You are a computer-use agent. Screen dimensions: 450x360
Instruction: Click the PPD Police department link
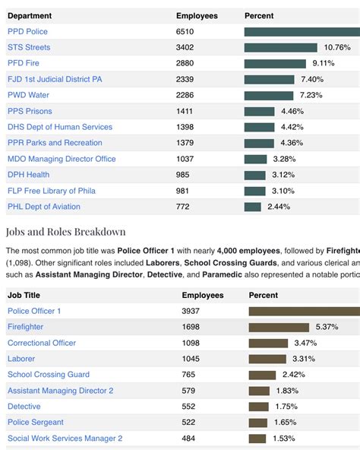click(x=27, y=31)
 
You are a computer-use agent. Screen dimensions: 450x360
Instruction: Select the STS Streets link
click(x=29, y=47)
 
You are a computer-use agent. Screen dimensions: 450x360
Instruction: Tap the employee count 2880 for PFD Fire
click(x=186, y=63)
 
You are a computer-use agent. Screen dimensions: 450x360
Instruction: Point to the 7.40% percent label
click(x=312, y=79)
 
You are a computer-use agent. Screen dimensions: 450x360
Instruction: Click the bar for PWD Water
click(x=269, y=95)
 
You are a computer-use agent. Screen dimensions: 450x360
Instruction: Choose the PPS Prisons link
click(x=30, y=111)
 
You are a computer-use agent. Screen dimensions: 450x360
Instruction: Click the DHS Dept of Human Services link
click(x=60, y=127)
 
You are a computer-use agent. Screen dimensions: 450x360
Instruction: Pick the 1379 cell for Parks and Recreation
click(x=186, y=143)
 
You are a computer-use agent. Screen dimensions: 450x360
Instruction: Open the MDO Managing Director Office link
click(x=62, y=159)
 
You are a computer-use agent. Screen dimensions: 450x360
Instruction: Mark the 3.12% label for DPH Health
click(x=283, y=175)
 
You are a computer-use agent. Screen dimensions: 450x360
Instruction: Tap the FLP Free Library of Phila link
click(x=52, y=191)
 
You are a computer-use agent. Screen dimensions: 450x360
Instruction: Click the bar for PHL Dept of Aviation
click(x=253, y=207)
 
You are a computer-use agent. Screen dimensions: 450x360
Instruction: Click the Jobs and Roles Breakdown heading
click(x=65, y=232)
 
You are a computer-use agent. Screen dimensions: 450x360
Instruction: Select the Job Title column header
click(x=25, y=295)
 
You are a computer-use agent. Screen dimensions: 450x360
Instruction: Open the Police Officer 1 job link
click(x=34, y=311)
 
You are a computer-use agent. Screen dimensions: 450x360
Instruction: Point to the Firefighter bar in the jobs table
click(x=279, y=327)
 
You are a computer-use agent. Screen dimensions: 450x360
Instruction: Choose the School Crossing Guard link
click(x=49, y=374)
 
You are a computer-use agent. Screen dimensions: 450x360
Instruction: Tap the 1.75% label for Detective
click(x=285, y=407)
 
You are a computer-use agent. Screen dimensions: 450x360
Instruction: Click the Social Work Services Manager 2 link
click(x=65, y=438)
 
